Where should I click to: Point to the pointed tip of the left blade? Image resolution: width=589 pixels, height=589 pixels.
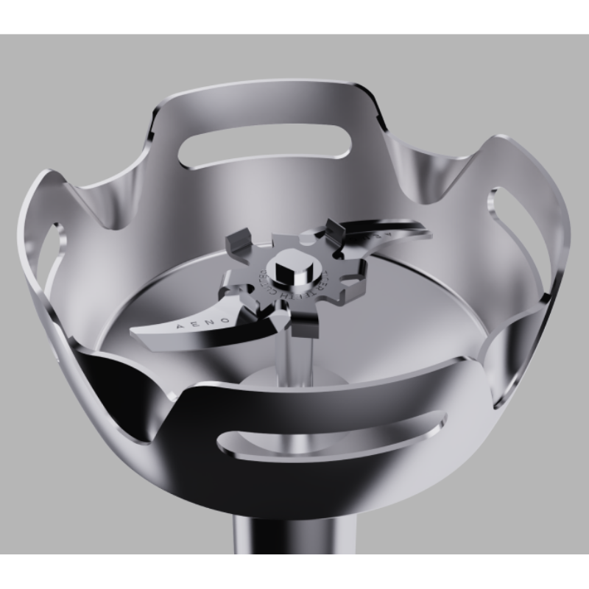pyautogui.click(x=135, y=332)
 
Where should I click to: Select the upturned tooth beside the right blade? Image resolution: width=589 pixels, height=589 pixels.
pyautogui.click(x=333, y=228)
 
